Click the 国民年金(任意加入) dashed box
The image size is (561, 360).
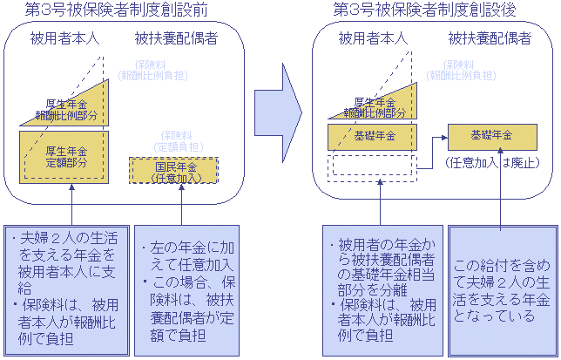click(x=175, y=172)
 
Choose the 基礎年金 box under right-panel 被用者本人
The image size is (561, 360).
click(x=375, y=137)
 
